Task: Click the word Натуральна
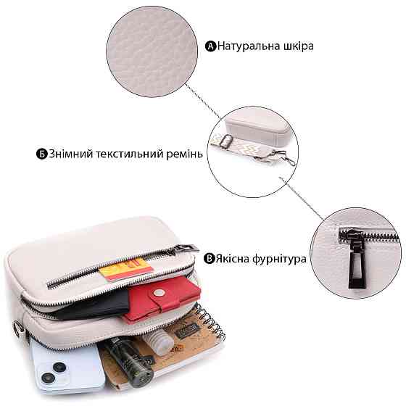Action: coord(248,46)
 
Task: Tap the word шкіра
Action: coord(299,46)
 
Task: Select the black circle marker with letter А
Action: coord(210,46)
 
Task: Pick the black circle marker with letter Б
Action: coord(41,154)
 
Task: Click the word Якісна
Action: coord(232,259)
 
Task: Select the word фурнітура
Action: coord(279,260)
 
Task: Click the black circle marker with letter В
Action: coord(209,259)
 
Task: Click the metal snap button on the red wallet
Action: coord(159,293)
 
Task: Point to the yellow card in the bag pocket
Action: coord(125,269)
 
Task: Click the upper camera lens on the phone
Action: coord(59,368)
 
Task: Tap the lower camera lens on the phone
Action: coord(48,378)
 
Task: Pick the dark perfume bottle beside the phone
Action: coord(129,362)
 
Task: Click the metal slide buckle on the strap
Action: coord(226,141)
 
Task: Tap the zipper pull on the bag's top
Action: coord(184,249)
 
